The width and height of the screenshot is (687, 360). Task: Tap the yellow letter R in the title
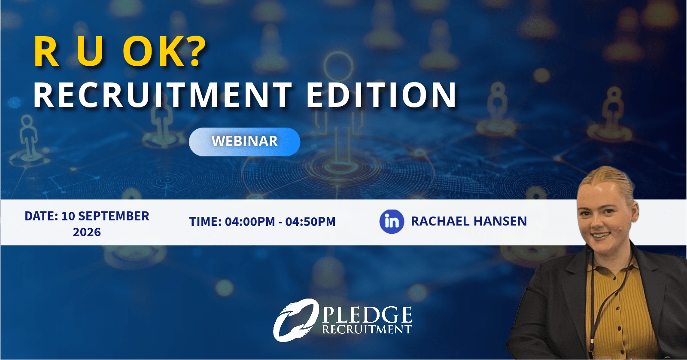coord(46,52)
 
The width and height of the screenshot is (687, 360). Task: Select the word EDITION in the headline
coord(382,95)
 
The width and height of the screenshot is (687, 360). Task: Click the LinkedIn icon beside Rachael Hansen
coord(392,222)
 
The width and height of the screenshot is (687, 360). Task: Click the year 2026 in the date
coord(87,232)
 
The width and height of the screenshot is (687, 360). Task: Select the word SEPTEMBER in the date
coord(113,216)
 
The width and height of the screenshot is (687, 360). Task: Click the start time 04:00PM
coord(250,222)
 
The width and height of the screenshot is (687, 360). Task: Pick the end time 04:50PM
coord(310,222)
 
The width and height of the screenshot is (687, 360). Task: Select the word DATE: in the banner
coord(41,216)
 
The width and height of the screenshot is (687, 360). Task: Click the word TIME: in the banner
coord(205,222)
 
